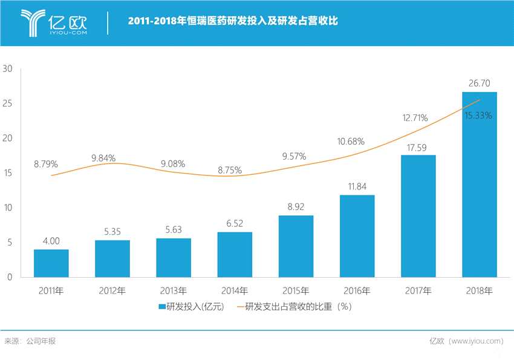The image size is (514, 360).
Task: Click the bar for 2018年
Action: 479,185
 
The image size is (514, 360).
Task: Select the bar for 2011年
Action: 51,263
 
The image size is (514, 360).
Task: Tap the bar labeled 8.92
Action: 296,246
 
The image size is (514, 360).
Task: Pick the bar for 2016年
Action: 357,236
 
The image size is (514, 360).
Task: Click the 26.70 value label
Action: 479,83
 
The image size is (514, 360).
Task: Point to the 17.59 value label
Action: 418,146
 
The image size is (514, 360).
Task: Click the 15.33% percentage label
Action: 478,115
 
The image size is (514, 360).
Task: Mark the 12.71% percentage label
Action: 416,117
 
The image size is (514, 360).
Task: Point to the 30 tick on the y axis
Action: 8,69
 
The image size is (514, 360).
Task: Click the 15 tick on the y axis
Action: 8,173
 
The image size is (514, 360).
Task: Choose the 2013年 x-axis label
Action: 174,291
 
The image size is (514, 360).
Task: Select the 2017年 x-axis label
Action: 418,291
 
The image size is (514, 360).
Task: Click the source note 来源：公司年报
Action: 30,341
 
